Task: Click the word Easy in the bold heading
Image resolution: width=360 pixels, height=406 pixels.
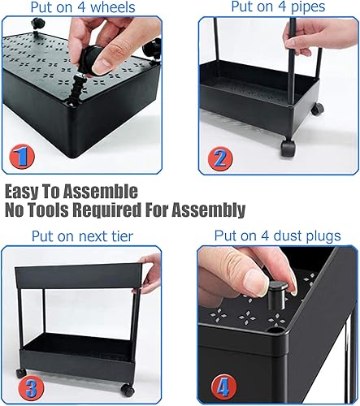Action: [x=25, y=192]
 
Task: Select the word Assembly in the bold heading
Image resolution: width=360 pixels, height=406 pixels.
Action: [x=208, y=211]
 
